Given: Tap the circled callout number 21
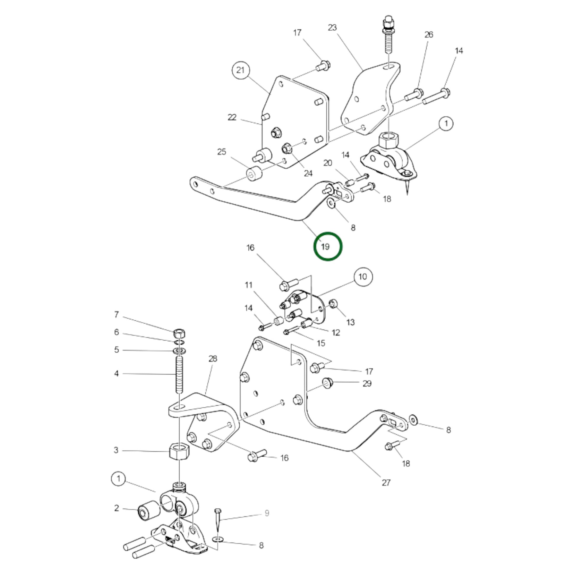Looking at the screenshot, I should (x=241, y=70).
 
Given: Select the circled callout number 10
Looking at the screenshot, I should (x=363, y=277).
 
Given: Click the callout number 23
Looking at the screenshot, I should (x=332, y=28).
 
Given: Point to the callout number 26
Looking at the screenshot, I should (x=428, y=35).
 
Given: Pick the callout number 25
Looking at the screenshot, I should (x=222, y=152).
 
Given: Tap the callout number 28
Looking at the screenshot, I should (x=213, y=359).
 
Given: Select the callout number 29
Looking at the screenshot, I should (x=367, y=383).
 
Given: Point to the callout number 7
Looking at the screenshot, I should (x=117, y=314).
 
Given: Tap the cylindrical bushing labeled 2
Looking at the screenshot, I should (x=147, y=510).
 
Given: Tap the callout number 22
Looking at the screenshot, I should (x=232, y=117).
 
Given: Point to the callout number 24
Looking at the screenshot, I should (x=309, y=173).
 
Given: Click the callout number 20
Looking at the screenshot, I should (x=328, y=163).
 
